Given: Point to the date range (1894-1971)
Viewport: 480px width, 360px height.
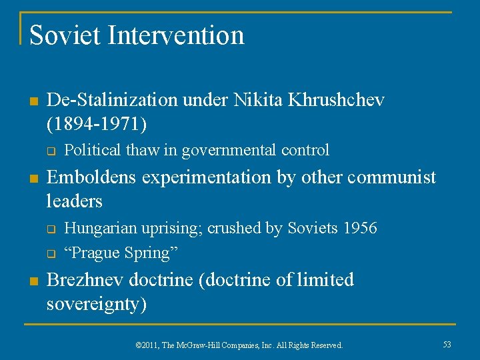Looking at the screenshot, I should click(x=98, y=123).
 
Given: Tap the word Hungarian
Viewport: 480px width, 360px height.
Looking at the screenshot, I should click(x=97, y=228).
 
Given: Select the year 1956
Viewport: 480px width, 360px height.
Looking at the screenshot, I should click(x=359, y=228).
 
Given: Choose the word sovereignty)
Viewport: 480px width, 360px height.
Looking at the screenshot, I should click(x=97, y=304).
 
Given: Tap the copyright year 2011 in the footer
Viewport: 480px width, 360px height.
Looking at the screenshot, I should click(x=151, y=345).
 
